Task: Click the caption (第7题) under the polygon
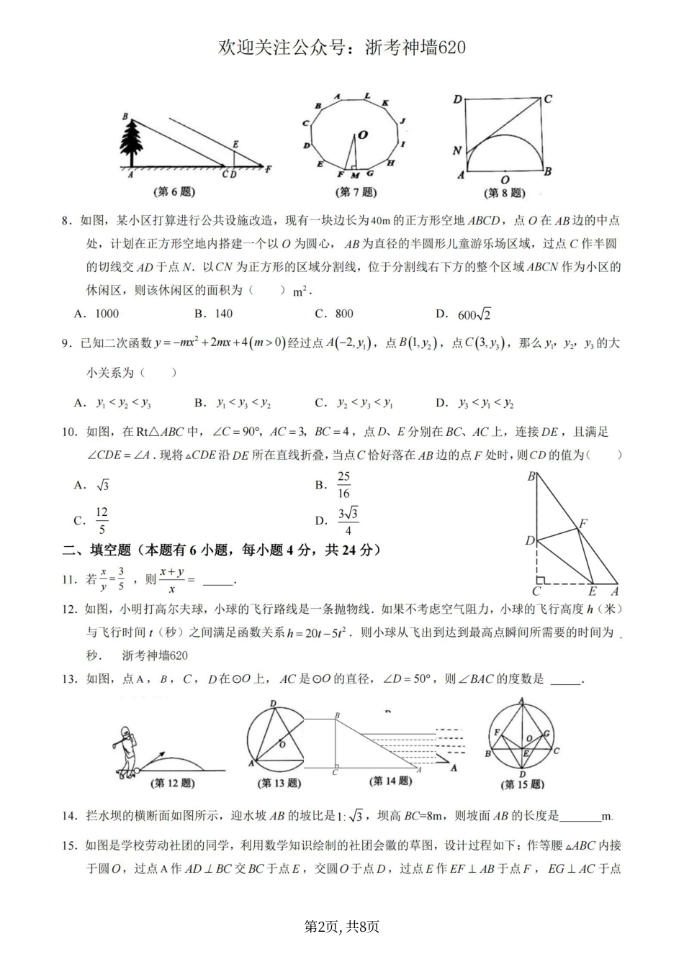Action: coord(356,192)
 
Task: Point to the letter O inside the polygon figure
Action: coord(363,135)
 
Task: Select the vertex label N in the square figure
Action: coord(457,150)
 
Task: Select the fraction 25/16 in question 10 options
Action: coord(343,485)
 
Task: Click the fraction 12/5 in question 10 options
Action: coord(102,520)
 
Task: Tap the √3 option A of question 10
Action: coord(102,486)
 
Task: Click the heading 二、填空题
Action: coord(96,550)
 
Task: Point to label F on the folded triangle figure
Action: coord(583,523)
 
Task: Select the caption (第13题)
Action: coord(279,783)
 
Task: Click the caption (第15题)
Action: coord(523,784)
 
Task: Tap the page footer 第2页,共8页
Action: coord(342,927)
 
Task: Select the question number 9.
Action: coord(66,344)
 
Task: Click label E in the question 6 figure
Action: coord(235,145)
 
